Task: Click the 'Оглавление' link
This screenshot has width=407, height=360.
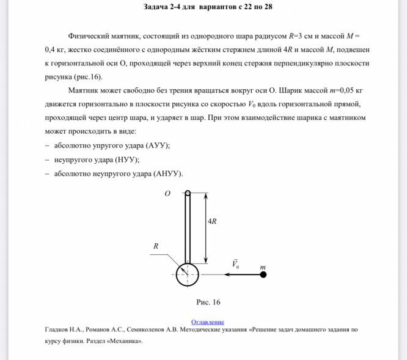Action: click(x=208, y=321)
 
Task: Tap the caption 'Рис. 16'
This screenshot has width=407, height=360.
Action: click(x=208, y=302)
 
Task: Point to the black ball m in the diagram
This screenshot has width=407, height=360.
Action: click(x=263, y=274)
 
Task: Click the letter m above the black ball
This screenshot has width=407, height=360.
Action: click(x=263, y=267)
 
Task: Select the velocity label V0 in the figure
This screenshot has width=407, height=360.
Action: click(x=235, y=265)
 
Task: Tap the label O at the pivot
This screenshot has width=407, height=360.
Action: click(x=167, y=194)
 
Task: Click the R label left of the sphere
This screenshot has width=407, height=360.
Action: click(x=156, y=246)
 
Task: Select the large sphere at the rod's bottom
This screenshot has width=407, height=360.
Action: click(x=188, y=274)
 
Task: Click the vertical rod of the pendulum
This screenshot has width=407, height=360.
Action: click(x=188, y=226)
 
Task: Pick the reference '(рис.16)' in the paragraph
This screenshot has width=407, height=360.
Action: click(x=89, y=77)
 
